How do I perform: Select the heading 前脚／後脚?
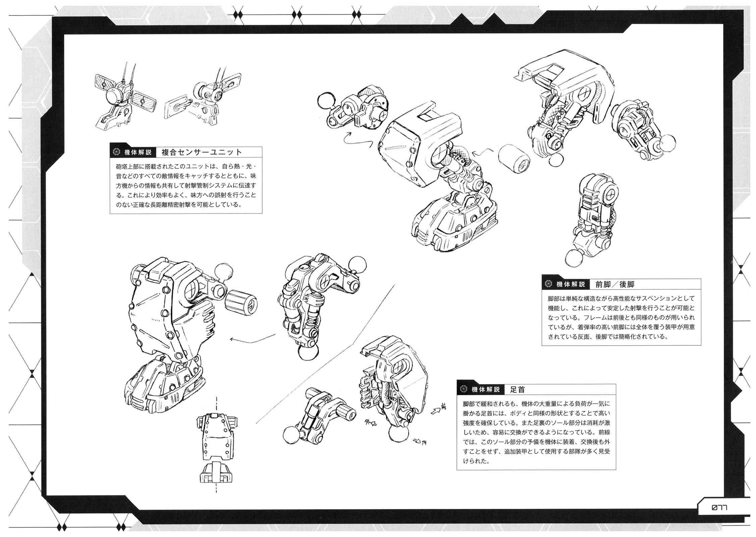tap(615, 284)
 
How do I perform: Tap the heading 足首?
tap(517, 389)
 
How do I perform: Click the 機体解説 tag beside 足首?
tap(485, 389)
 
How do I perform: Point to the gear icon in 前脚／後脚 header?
tap(549, 284)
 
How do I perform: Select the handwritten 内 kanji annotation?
tap(424, 443)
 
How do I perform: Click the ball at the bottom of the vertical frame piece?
tap(575, 259)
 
